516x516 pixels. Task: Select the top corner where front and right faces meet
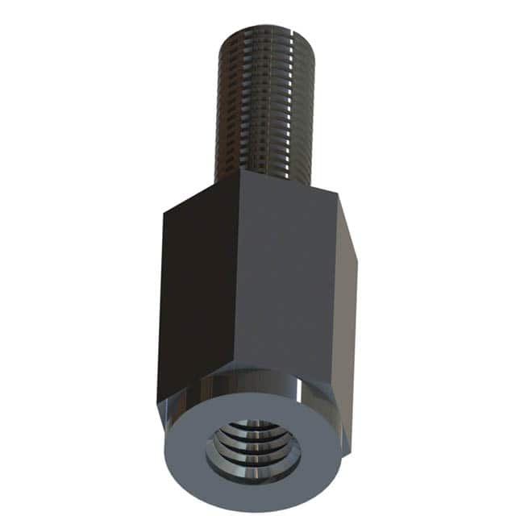click(x=335, y=196)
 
